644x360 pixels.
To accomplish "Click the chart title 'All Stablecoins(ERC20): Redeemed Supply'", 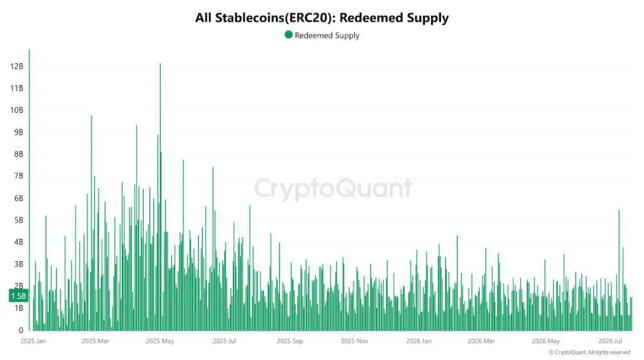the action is (321, 18).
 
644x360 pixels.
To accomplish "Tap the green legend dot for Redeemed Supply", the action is (288, 35).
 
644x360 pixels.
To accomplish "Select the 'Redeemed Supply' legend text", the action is (327, 36).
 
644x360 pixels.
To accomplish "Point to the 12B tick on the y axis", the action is (17, 66).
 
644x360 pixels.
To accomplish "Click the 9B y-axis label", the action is (18, 132).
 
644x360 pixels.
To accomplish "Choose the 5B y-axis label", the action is (18, 220).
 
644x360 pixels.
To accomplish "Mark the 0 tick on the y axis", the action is (21, 330).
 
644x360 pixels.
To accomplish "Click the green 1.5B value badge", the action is (18, 296).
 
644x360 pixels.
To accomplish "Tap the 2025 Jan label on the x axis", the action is (33, 341).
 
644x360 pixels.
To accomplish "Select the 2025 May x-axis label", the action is (160, 341).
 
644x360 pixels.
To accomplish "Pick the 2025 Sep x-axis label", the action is (290, 341).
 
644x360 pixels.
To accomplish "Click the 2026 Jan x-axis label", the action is (419, 341).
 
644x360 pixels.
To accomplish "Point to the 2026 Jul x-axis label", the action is (610, 341).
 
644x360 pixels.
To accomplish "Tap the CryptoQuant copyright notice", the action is (589, 353).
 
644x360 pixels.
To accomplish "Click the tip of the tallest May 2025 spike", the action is (160, 64).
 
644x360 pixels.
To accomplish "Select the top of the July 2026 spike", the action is (619, 211).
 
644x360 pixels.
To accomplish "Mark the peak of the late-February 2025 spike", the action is (91, 116).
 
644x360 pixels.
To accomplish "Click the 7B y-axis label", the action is (18, 176).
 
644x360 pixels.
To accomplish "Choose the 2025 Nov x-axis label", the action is (354, 341).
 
